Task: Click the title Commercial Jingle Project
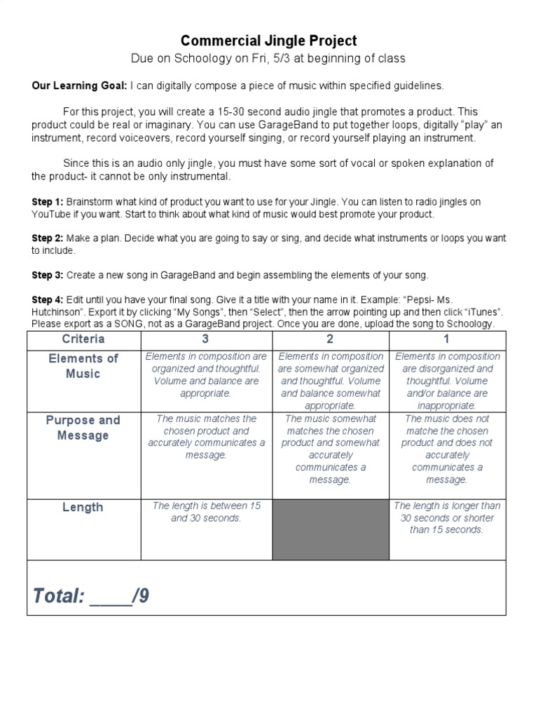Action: [x=269, y=41]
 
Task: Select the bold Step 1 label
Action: [x=48, y=202]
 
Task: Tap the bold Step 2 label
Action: [x=48, y=238]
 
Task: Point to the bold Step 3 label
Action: [x=48, y=274]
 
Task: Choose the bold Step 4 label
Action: [x=48, y=299]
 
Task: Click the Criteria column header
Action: [x=83, y=339]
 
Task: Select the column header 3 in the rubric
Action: [x=205, y=339]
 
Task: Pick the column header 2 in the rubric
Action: [x=330, y=339]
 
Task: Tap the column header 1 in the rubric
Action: [x=446, y=339]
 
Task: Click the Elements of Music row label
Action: [x=83, y=366]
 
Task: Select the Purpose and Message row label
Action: [x=83, y=428]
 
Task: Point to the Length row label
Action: [x=83, y=507]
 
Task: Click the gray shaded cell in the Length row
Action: [x=330, y=529]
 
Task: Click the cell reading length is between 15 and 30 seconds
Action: [x=206, y=512]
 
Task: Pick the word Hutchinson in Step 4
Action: [x=60, y=311]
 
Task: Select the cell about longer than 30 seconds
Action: [x=446, y=517]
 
